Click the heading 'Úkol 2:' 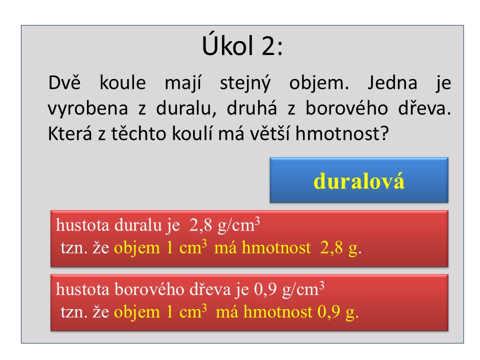242,45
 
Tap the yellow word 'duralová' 359,180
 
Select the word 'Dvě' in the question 64,82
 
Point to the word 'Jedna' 392,82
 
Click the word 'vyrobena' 88,108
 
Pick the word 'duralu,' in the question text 186,108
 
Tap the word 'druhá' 251,108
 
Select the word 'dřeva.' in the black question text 424,108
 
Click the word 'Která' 70,133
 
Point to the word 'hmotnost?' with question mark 342,133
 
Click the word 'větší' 269,133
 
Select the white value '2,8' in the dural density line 200,225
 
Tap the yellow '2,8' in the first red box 331,247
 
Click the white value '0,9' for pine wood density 265,289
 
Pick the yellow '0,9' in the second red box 329,311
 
